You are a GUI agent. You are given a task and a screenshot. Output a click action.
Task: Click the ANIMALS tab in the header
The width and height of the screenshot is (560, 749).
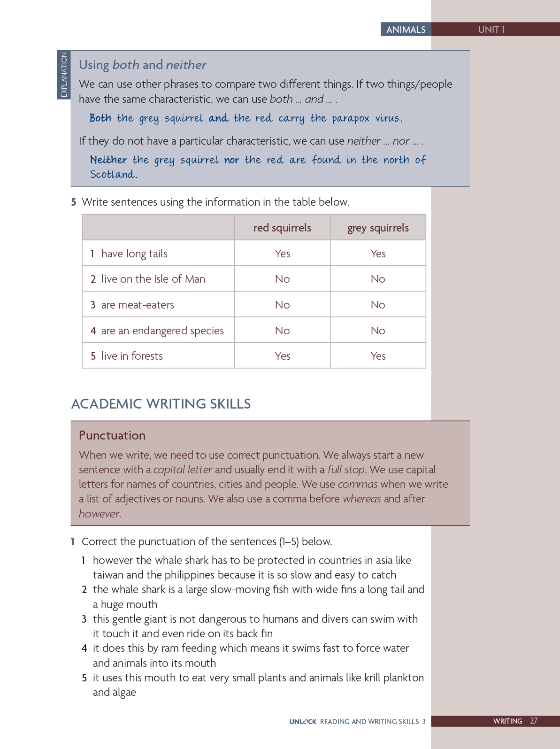pos(406,30)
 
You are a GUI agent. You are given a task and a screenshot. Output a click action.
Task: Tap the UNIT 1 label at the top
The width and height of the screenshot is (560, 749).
pos(491,30)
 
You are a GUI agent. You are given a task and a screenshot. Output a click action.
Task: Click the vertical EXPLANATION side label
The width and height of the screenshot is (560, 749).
pos(64,75)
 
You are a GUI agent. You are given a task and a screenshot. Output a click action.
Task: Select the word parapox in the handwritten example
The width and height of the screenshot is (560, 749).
pos(350,118)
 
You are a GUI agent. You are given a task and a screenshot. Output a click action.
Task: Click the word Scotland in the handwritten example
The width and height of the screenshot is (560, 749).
pos(113,175)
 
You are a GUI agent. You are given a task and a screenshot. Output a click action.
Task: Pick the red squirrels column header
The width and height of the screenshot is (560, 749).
pos(282,228)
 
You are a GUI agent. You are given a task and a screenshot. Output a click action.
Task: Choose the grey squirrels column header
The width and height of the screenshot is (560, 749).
pos(378,228)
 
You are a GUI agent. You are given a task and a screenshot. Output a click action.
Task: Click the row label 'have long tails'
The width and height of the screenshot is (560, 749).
pos(134,254)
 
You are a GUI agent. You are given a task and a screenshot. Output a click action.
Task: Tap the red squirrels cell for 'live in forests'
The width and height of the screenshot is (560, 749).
pos(282,356)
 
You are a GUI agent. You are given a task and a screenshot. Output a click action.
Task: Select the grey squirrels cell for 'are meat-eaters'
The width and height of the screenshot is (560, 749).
pos(378,305)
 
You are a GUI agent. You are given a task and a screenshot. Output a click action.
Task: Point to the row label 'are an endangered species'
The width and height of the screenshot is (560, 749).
pos(162,331)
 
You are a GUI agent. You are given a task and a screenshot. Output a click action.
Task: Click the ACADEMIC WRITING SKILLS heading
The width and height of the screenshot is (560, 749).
pos(161,404)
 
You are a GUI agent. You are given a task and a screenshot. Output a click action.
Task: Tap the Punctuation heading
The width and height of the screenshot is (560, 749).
pos(112,435)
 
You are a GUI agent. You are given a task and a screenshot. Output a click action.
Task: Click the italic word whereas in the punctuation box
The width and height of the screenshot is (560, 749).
pos(361,499)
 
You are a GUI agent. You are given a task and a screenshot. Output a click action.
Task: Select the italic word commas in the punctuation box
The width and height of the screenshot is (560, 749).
pos(358,484)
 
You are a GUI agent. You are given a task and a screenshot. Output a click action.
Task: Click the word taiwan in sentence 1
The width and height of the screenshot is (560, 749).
pos(108,575)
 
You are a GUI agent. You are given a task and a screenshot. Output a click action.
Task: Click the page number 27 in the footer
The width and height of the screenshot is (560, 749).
pos(534,721)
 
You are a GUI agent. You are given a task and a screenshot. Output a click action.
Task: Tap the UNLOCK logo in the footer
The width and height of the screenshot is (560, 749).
pos(303,721)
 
